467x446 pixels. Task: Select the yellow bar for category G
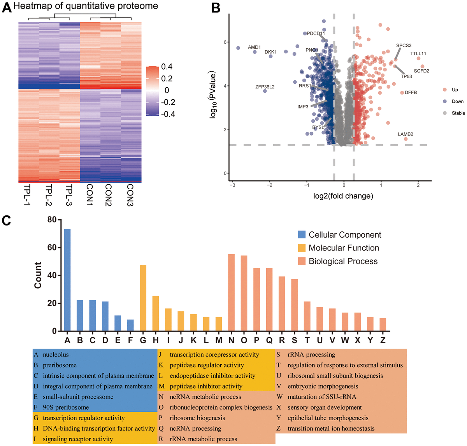[143, 298]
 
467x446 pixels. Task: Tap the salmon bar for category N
[231, 293]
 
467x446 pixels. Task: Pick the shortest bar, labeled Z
[383, 324]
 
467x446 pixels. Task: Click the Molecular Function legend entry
[344, 248]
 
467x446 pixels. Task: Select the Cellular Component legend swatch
[302, 235]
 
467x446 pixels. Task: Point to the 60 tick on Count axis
[51, 248]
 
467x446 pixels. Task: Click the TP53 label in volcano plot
[406, 77]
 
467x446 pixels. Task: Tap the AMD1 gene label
[254, 47]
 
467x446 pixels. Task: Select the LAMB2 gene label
[406, 134]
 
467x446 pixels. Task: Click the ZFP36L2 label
[265, 87]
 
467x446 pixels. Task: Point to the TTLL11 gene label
[418, 54]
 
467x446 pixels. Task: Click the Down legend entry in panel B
[458, 101]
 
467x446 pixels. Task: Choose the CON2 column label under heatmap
[109, 195]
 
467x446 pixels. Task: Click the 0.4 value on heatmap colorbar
[167, 67]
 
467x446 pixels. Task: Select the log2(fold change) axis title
[343, 196]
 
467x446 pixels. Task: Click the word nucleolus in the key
[56, 355]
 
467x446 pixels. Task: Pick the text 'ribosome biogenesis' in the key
[197, 418]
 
